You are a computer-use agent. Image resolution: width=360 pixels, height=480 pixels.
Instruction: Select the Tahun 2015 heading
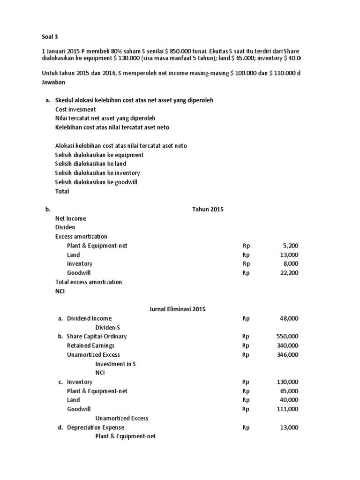[x=208, y=210]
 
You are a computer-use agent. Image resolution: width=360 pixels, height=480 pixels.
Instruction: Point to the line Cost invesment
[x=75, y=109]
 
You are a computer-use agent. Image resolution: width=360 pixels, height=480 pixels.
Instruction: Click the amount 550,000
[x=286, y=337]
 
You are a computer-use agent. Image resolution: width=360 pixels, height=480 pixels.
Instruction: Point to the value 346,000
[x=286, y=355]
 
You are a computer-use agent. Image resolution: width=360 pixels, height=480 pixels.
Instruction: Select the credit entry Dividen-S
[x=110, y=328]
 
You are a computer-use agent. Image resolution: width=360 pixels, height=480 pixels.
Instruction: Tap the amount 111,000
[x=286, y=409]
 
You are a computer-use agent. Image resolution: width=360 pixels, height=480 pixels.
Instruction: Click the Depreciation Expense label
[x=96, y=427]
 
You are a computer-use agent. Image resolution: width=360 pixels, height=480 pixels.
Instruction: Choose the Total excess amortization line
[x=89, y=282]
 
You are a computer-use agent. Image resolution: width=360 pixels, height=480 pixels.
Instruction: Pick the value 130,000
[x=286, y=382]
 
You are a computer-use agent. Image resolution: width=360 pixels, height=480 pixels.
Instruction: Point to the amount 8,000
[x=289, y=264]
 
